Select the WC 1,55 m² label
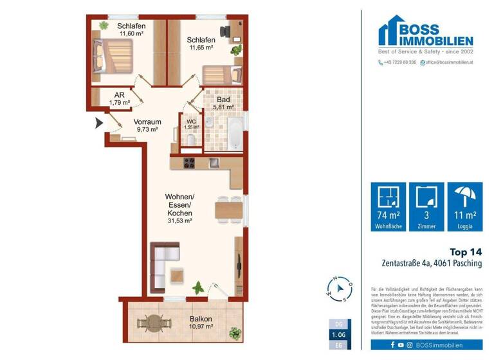191,124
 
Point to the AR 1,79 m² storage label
119,98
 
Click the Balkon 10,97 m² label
201,323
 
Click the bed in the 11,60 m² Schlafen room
113,55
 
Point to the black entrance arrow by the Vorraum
99,124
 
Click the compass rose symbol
340,289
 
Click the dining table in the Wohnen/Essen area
226,209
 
